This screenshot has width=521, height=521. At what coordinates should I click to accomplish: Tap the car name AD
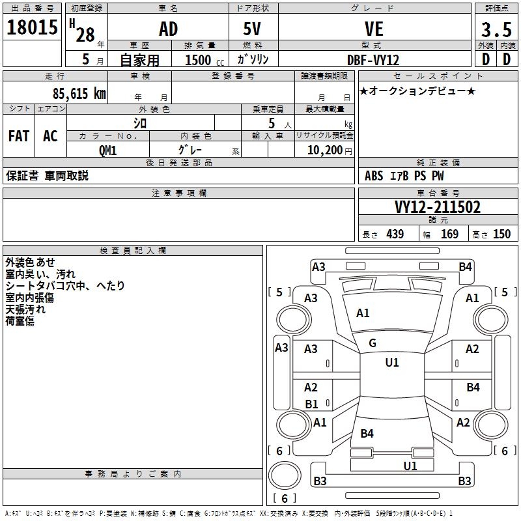(168, 29)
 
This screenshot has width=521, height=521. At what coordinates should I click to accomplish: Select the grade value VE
(374, 29)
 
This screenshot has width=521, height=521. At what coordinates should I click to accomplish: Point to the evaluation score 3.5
(496, 30)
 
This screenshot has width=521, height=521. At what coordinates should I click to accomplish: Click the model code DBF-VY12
(374, 59)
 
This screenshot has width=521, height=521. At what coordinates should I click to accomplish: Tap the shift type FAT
(19, 136)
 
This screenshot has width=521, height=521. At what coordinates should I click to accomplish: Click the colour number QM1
(108, 150)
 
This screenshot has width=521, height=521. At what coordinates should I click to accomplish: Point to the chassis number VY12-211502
(438, 207)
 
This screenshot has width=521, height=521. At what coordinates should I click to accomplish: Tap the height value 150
(501, 234)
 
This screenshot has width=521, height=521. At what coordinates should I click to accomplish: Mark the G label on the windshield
(373, 343)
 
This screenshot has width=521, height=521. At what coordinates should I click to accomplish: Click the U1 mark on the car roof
(392, 362)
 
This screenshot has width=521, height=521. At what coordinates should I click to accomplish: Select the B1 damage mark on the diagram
(312, 404)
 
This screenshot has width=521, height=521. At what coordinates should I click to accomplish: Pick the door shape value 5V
(253, 29)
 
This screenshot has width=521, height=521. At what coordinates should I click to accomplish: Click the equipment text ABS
(374, 176)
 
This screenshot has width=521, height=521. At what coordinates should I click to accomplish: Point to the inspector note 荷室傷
(20, 320)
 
